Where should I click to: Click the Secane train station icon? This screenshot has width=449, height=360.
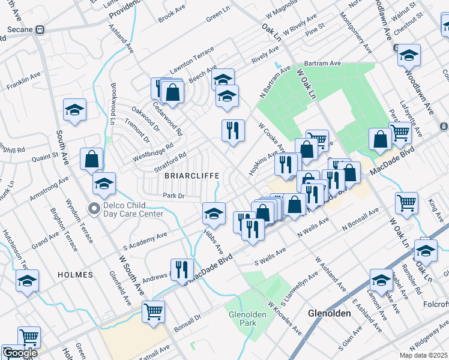tap(40, 29)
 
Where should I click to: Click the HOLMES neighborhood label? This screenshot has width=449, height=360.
tap(76, 274)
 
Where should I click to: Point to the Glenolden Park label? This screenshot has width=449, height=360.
tap(243, 318)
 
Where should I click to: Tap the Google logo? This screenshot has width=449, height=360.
tap(20, 353)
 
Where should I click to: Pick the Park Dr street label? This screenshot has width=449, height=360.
tap(172, 196)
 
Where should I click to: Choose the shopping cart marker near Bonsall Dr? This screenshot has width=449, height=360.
tap(154, 311)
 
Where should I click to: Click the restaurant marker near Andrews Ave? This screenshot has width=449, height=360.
tap(181, 269)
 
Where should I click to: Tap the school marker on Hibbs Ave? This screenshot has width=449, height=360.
tap(214, 212)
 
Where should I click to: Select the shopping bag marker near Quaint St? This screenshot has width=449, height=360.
tap(91, 159)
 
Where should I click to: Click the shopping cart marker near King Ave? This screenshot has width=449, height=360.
tap(407, 202)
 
